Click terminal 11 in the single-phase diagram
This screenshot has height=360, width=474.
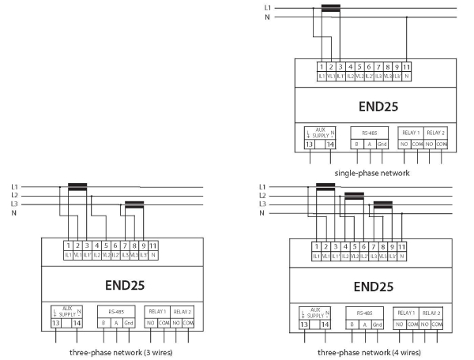406,67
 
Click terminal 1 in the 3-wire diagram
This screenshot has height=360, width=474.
69,246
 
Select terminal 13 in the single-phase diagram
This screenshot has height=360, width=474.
309,144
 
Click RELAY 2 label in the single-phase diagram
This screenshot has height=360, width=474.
436,133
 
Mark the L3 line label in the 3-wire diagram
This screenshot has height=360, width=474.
14,204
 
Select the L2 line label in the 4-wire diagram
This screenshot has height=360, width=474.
262,195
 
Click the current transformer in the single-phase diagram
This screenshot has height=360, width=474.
330,9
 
